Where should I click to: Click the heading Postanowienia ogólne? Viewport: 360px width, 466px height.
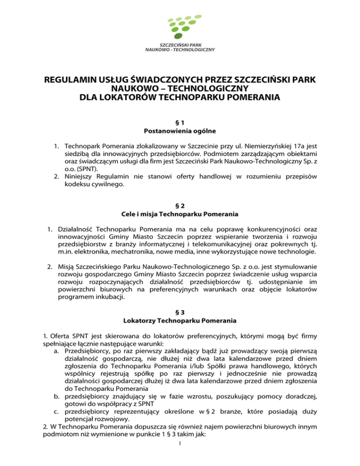(x=180, y=130)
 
